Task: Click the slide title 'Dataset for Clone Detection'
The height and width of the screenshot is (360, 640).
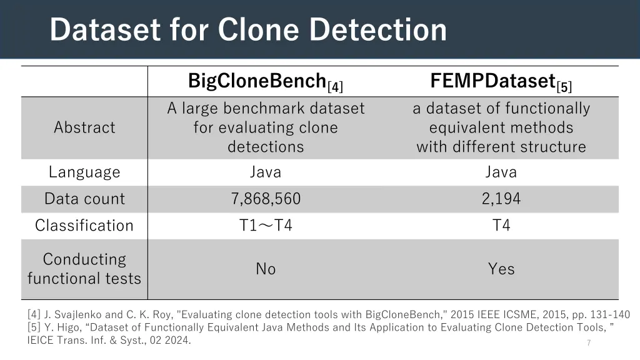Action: point(248,29)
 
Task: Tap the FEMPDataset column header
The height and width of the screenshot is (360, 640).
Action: point(493,81)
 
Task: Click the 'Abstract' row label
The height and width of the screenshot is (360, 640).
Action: point(84,127)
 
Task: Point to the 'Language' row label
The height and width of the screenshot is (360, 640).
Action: point(84,172)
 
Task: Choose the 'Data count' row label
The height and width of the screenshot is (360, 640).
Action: point(84,199)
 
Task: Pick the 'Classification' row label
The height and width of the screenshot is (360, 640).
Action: point(84,226)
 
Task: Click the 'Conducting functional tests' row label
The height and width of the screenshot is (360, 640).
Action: point(84,269)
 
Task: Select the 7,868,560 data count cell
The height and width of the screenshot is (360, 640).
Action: point(266,199)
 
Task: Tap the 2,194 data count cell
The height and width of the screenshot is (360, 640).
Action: point(501,199)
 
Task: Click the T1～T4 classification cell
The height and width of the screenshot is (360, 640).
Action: point(266,226)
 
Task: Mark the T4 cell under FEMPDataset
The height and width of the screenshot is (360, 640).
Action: point(501,226)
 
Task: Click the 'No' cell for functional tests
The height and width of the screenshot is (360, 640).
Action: point(266,269)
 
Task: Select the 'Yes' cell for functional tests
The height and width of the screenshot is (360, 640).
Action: point(501,269)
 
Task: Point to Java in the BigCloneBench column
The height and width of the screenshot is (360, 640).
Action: point(266,172)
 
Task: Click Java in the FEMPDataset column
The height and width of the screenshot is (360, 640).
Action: point(501,172)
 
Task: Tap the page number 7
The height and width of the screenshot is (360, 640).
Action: point(589,342)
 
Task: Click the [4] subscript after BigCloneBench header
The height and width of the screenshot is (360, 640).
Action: point(336,86)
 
